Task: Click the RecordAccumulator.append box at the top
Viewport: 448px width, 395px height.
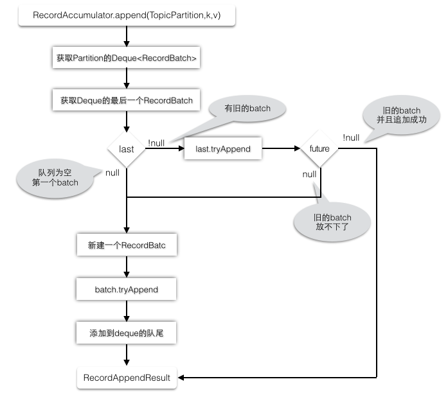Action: (x=127, y=15)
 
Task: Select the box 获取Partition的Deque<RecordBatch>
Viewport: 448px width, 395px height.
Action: (x=126, y=58)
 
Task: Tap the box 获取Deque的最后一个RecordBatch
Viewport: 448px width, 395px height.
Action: (x=126, y=100)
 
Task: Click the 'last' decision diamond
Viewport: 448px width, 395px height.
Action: (x=126, y=149)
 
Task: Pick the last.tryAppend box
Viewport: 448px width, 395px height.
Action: (x=223, y=149)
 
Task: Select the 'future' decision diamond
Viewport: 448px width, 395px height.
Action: (x=319, y=148)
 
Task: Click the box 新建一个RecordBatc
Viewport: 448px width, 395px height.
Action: (x=127, y=245)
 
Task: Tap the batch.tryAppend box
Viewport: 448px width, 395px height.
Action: (x=126, y=289)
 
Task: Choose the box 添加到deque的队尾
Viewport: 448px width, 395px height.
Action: (x=126, y=333)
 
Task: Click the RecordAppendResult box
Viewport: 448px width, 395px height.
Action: (x=127, y=378)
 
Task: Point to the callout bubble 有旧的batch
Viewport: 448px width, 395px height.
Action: (x=247, y=109)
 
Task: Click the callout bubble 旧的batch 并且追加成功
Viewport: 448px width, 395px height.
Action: (x=402, y=115)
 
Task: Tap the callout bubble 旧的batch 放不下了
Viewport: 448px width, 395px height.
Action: (x=332, y=222)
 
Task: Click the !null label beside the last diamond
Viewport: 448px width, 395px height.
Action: (x=156, y=143)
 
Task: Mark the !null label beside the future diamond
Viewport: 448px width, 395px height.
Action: (x=351, y=137)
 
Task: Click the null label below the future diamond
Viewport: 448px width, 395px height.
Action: (x=309, y=174)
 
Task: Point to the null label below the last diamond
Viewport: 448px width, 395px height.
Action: (x=112, y=173)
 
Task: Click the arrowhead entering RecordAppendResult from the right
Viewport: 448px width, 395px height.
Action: (x=181, y=378)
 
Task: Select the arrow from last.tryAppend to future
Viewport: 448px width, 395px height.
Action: (x=281, y=148)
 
